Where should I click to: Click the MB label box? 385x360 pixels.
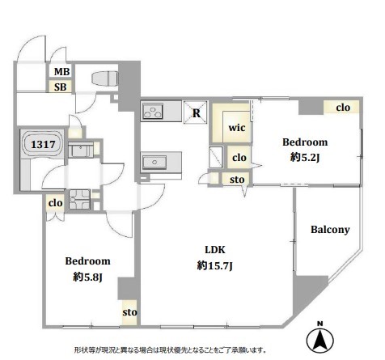coord(62,71)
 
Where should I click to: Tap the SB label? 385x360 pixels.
coord(61,87)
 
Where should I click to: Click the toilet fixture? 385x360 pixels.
coord(105,78)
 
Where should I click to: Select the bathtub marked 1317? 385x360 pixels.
coord(43,144)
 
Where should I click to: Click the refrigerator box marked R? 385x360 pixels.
coord(196,112)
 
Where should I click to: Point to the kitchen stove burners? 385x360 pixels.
coord(153,111)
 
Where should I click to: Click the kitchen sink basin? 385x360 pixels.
coord(154,162)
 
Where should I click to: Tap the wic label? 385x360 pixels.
coord(237,128)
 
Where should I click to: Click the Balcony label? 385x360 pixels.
coord(330,230)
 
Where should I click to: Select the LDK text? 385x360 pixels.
coord(215,250)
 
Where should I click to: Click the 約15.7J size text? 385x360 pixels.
coord(214,266)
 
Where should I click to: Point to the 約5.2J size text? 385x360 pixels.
coord(305,157)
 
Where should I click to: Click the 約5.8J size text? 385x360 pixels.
coord(87,277)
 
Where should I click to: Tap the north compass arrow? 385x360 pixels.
coord(320,339)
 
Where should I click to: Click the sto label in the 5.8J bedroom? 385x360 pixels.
coord(129,312)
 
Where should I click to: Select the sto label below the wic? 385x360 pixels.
coord(237,180)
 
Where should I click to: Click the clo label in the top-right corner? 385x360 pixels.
coord(343,108)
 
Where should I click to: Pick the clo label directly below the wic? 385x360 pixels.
coord(239,158)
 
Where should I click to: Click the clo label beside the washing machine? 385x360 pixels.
coord(56,203)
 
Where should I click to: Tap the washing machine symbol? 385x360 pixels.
coord(79,199)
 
